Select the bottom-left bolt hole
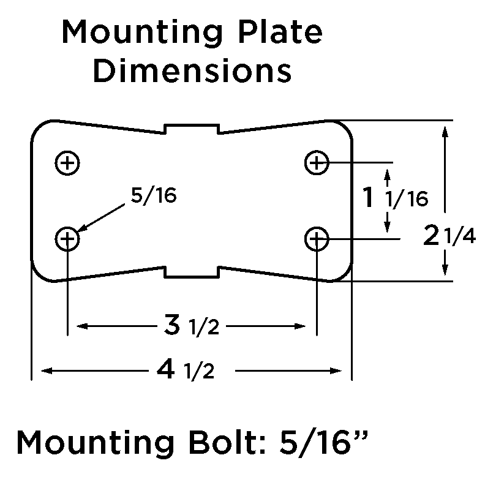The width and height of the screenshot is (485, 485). click(68, 238)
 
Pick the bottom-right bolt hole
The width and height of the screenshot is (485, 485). click(317, 238)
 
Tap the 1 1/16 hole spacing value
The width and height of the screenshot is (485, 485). click(394, 198)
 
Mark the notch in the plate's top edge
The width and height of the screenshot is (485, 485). click(193, 128)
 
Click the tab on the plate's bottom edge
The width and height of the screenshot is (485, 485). click(193, 272)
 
